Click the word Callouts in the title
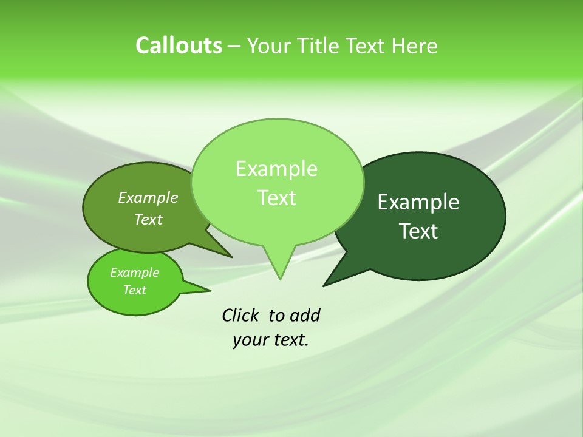click(x=179, y=46)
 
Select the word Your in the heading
click(x=269, y=46)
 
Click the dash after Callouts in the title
click(x=234, y=46)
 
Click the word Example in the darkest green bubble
click(x=418, y=202)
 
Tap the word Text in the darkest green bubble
click(x=418, y=231)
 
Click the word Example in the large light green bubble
click(x=276, y=169)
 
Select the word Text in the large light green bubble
click(x=276, y=198)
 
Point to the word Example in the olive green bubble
click(x=148, y=197)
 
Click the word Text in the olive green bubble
click(x=148, y=219)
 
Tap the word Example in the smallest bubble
click(x=134, y=273)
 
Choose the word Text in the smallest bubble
click(x=134, y=290)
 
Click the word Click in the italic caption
click(x=241, y=315)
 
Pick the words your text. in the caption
click(x=271, y=340)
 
